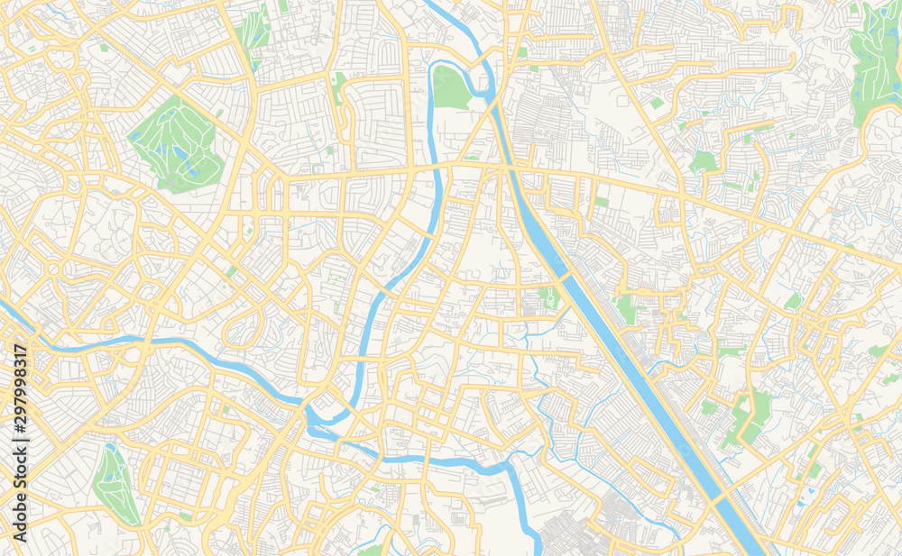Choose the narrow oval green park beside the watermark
click(x=116, y=487)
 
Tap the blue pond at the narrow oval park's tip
click(x=110, y=447)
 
